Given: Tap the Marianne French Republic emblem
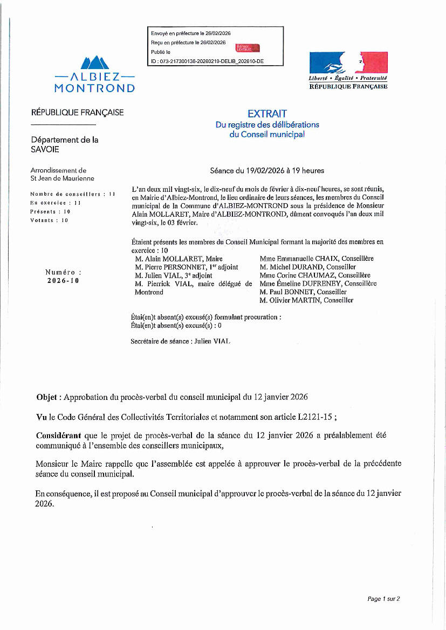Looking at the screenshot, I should click(348, 63).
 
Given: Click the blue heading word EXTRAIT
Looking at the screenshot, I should click(267, 114).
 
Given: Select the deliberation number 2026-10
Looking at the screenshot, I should click(63, 280).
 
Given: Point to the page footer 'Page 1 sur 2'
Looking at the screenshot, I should click(383, 599).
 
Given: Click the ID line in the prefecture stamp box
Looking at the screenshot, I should click(207, 61).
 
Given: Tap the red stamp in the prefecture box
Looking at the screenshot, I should click(248, 48).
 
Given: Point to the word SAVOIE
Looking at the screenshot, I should click(45, 149).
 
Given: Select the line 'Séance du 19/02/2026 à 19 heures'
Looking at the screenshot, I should click(267, 171).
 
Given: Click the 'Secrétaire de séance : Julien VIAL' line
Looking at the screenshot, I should click(181, 341).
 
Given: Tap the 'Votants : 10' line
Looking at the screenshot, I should click(50, 220).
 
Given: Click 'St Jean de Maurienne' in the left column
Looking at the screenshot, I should click(62, 178).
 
